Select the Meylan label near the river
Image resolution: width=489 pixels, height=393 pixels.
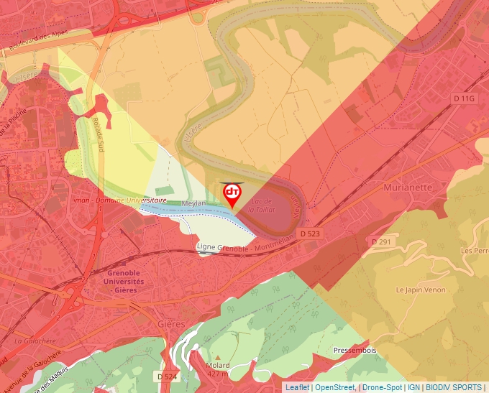(x=193, y=204)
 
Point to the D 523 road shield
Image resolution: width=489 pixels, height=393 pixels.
(x=310, y=234)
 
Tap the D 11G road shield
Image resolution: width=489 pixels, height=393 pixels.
(x=465, y=98)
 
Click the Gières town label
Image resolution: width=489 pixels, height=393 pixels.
(x=171, y=324)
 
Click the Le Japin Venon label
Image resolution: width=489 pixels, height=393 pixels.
(x=420, y=290)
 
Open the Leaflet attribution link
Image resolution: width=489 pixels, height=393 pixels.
(x=297, y=387)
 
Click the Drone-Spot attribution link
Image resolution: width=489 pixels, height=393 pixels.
(x=380, y=387)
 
